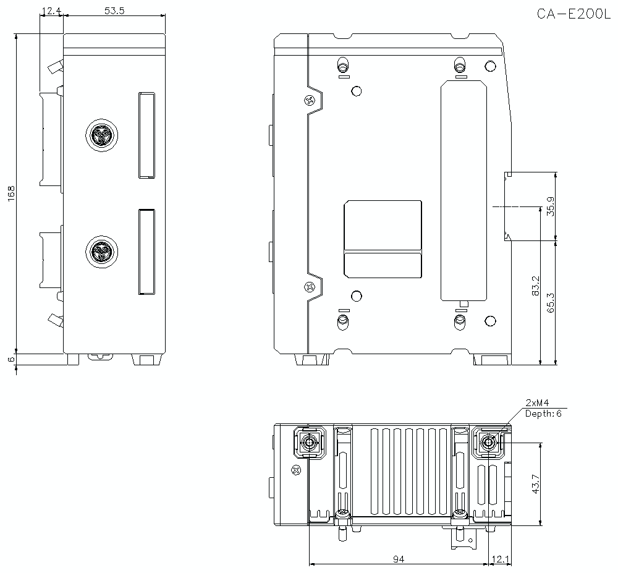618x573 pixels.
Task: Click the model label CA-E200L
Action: tap(573, 14)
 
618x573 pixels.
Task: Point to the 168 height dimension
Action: tap(11, 193)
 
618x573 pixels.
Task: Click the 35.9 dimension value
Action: tap(550, 206)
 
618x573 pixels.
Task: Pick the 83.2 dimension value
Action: tap(535, 286)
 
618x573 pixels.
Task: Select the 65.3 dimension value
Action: tap(550, 302)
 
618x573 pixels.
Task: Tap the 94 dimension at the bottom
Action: tap(399, 559)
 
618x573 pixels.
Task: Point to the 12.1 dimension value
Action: tap(500, 559)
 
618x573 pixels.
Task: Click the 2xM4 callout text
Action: tap(537, 402)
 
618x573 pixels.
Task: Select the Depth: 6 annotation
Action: tap(543, 413)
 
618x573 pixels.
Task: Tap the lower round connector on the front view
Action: tap(100, 252)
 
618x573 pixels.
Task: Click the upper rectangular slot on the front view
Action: tap(146, 135)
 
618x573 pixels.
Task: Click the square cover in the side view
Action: tap(383, 238)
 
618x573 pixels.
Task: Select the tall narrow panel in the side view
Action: tap(464, 190)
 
